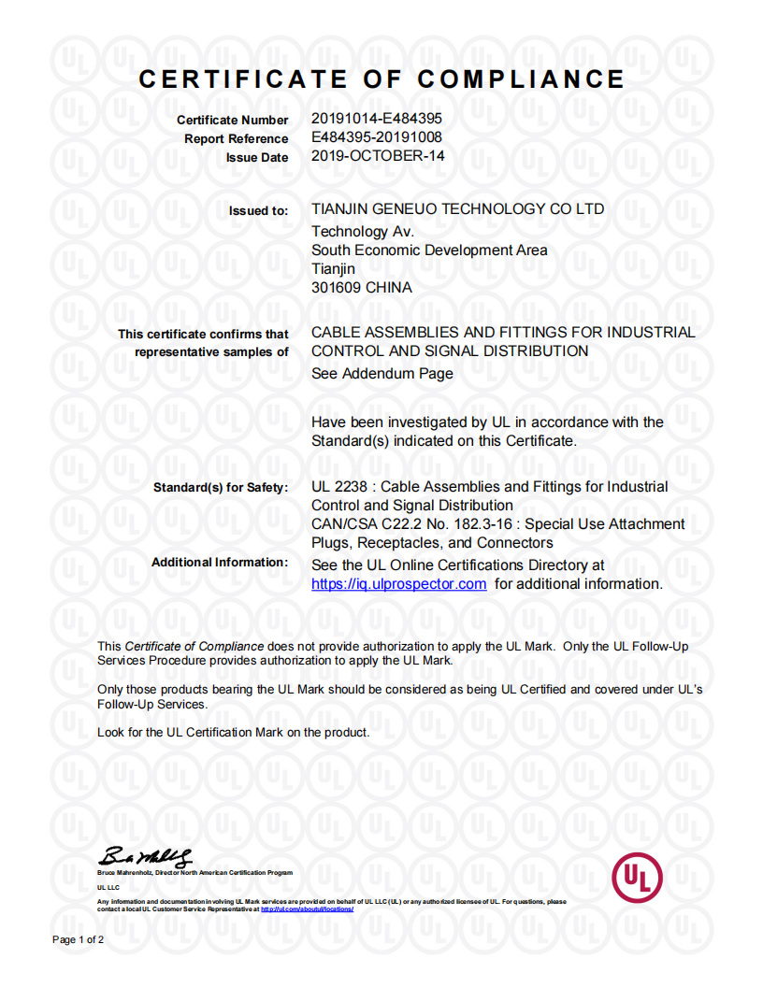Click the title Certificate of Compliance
click(x=381, y=79)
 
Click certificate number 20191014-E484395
click(x=376, y=119)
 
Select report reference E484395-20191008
click(x=376, y=137)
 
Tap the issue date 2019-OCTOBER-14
click(x=378, y=156)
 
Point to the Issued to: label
click(x=258, y=211)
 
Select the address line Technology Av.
click(x=363, y=231)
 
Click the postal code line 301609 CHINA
click(x=361, y=287)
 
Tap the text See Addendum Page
click(x=381, y=373)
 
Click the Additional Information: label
click(x=220, y=562)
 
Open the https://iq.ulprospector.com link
click(x=398, y=584)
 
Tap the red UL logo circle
click(x=636, y=878)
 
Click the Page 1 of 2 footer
click(x=78, y=938)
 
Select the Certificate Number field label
click(x=232, y=121)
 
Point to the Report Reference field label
click(x=236, y=139)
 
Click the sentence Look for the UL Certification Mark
click(x=233, y=732)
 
